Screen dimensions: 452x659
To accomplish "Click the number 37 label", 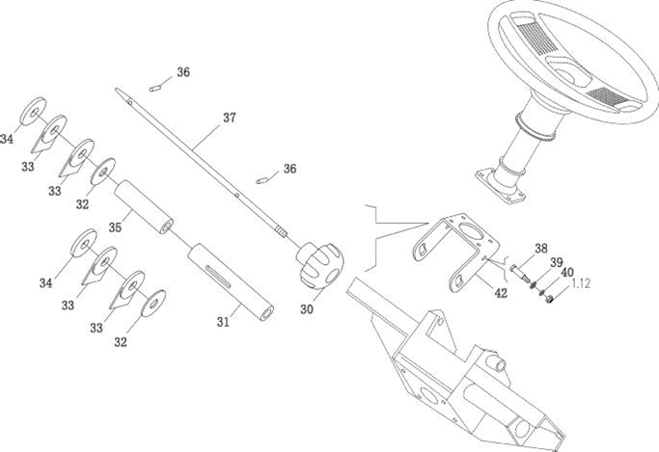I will (229, 119).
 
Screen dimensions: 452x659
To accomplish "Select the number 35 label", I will (115, 228).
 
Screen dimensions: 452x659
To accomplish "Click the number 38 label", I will (541, 248).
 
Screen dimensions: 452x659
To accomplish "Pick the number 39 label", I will (556, 261).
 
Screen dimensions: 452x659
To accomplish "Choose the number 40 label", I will (566, 272).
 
